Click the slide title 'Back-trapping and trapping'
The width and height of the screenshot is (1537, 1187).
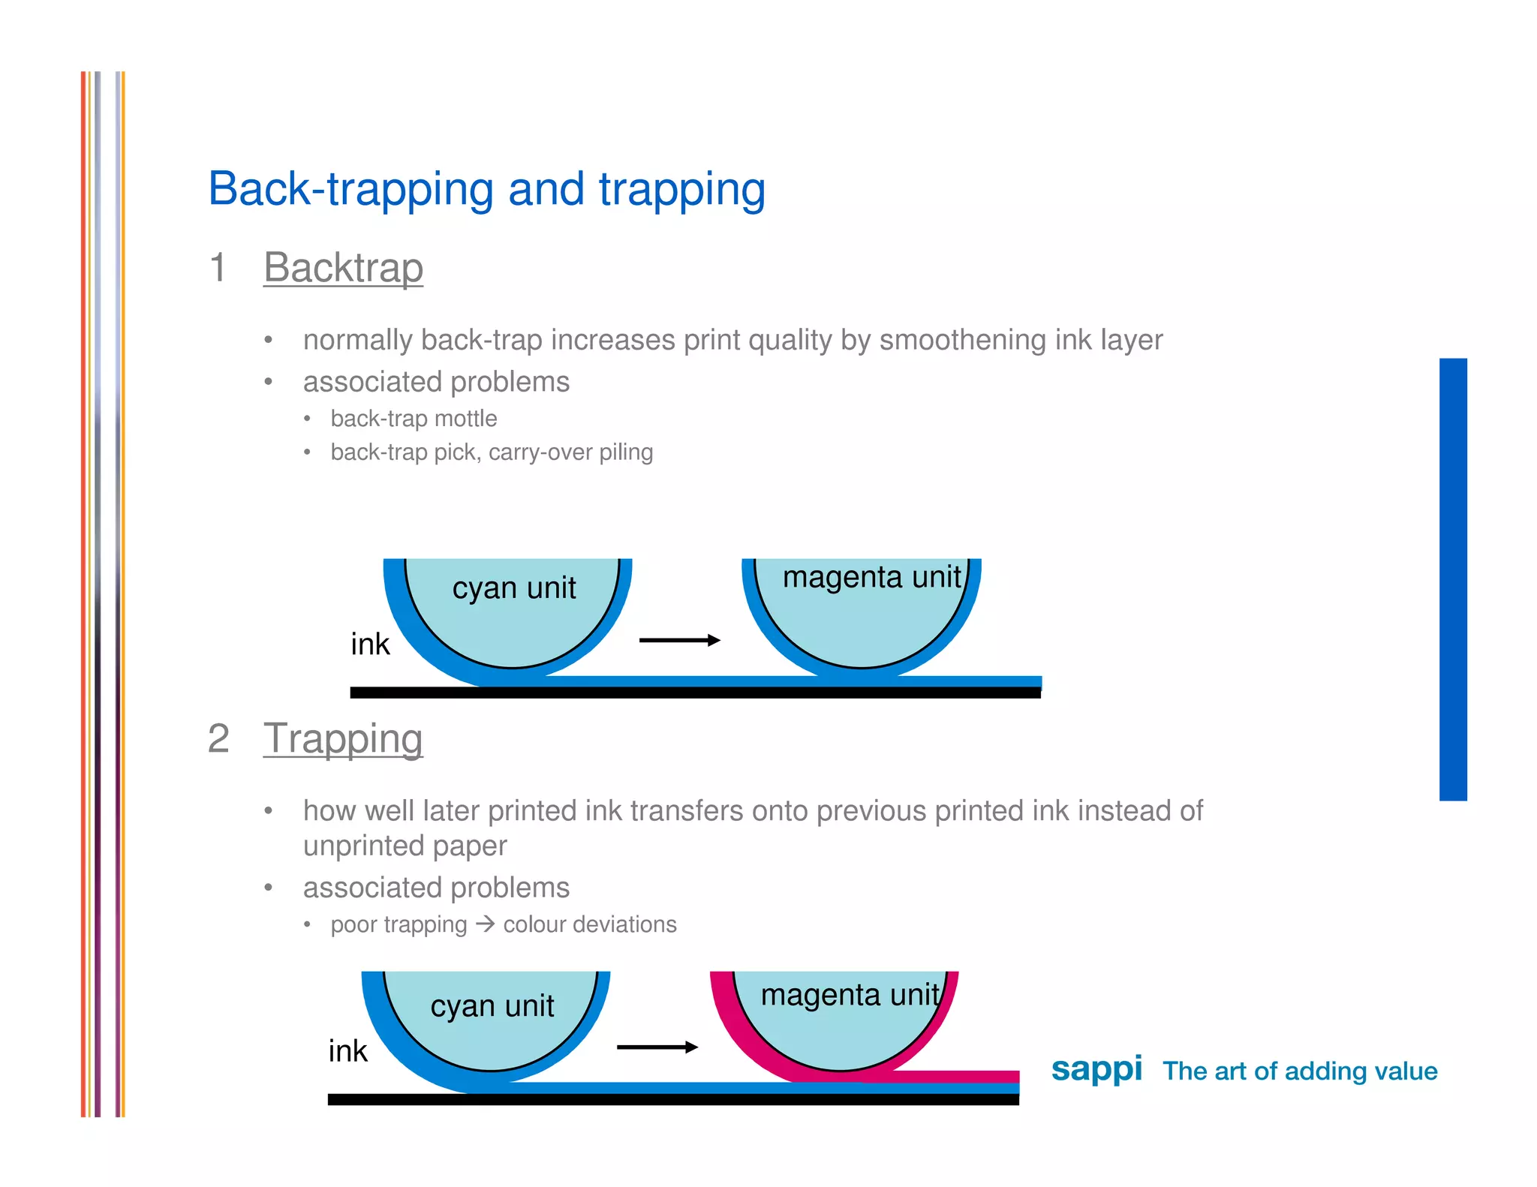point(486,189)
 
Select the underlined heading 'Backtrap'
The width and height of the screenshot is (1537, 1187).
point(343,268)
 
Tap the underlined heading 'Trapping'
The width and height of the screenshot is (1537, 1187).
point(343,738)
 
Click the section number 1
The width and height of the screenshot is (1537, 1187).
point(218,268)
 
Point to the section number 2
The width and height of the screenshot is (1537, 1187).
point(218,738)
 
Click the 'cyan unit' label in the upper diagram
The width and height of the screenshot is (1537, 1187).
point(513,587)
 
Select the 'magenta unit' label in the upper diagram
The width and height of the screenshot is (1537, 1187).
point(871,577)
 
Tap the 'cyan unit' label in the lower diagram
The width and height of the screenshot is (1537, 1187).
point(492,1005)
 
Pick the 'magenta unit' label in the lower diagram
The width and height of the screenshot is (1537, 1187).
point(849,995)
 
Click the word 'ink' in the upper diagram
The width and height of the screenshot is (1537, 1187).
point(370,645)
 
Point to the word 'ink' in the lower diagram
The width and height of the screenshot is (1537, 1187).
point(347,1051)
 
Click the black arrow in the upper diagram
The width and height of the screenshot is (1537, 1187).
point(679,640)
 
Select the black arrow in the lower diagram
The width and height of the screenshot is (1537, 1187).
point(657,1047)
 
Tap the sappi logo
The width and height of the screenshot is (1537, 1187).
point(1096,1068)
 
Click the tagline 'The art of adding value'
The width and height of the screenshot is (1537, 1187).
point(1300,1071)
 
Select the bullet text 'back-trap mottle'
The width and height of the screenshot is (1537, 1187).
point(414,419)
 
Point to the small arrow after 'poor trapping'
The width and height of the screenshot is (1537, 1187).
point(485,924)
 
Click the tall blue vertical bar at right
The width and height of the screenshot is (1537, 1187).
point(1452,579)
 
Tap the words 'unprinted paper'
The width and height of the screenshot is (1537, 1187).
point(405,846)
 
